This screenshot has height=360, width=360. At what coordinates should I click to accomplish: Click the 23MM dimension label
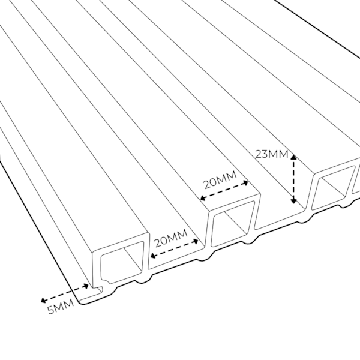pos(272,154)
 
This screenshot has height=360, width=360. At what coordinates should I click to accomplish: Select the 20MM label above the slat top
pos(220,180)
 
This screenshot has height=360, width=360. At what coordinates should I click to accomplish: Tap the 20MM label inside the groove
pos(171,238)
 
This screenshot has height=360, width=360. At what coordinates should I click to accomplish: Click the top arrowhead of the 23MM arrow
pos(293,157)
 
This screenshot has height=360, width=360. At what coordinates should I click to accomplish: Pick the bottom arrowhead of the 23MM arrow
pos(293,201)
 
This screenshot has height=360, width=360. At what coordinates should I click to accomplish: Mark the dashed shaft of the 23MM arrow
pos(293,179)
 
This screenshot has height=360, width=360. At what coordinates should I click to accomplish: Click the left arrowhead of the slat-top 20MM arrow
pos(203,198)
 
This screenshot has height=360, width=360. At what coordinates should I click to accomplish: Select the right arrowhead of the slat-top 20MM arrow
pos(245,183)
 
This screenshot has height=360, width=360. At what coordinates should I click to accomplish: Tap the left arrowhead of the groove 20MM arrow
pos(152,256)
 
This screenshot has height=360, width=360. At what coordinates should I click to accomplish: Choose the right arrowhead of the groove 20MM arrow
pos(196,241)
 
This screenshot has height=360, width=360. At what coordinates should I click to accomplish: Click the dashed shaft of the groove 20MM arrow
pos(174,248)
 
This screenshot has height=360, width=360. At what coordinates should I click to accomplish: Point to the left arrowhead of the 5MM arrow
pos(43,301)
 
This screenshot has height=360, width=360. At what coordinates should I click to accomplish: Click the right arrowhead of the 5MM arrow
pos(86,286)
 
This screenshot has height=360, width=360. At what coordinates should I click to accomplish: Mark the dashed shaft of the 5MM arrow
pos(65,293)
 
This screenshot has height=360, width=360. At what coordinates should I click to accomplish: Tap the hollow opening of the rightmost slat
pos(333,188)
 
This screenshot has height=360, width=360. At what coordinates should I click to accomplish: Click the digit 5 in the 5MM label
pos(50,310)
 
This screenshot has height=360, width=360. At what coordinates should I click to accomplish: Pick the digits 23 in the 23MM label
pos(261,154)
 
